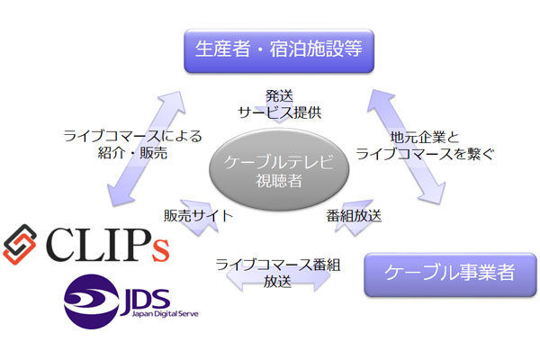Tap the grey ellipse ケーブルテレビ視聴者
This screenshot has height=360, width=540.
(x=265, y=166)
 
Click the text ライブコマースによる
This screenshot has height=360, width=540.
(x=132, y=137)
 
